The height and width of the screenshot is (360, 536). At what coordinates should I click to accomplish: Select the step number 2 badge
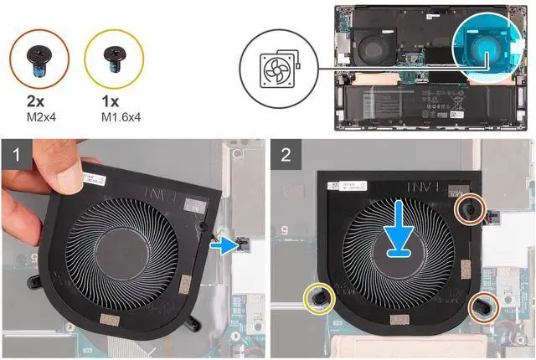(286, 154)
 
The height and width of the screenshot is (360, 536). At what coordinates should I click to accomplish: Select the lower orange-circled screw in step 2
(483, 307)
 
